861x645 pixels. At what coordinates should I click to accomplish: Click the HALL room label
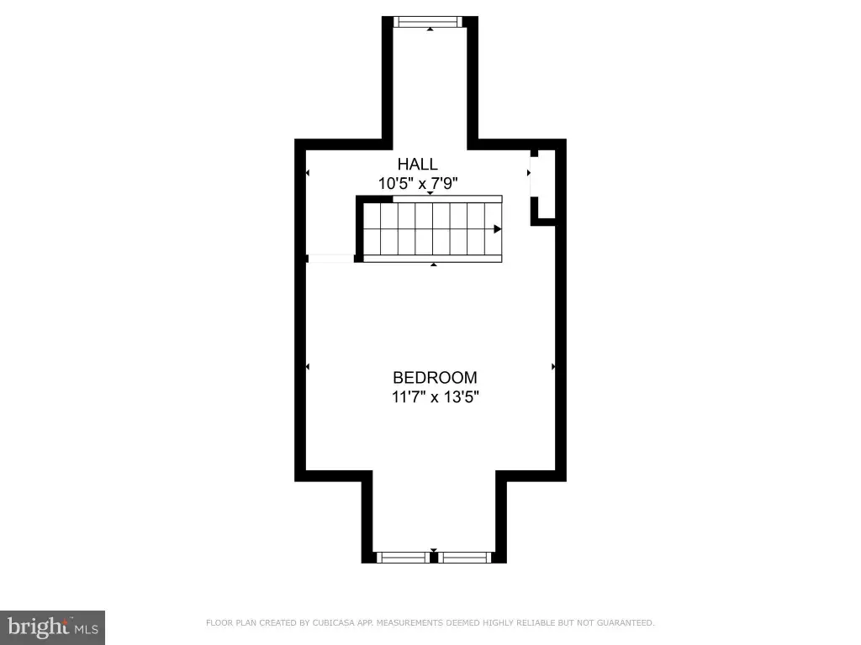(417, 164)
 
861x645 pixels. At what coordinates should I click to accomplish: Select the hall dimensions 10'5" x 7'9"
(418, 183)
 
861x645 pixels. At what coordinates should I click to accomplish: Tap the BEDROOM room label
(435, 377)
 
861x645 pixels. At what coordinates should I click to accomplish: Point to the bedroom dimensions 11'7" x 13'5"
(436, 396)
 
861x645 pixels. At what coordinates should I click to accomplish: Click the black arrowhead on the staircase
(497, 228)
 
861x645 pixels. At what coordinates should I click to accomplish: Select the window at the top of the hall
(430, 21)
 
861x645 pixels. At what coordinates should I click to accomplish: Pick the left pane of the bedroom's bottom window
(403, 558)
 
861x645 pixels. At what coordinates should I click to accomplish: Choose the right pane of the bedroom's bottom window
(464, 558)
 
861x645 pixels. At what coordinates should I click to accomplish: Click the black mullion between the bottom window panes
(434, 558)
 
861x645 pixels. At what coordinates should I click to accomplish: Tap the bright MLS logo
(53, 627)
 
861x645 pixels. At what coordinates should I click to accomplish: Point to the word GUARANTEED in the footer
(626, 622)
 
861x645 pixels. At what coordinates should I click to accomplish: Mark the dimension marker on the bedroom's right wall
(553, 366)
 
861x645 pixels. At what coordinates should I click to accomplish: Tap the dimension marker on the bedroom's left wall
(308, 366)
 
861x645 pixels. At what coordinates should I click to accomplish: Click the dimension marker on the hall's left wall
(308, 173)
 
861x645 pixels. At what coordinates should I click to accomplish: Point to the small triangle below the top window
(430, 29)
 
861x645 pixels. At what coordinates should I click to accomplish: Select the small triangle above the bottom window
(434, 550)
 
